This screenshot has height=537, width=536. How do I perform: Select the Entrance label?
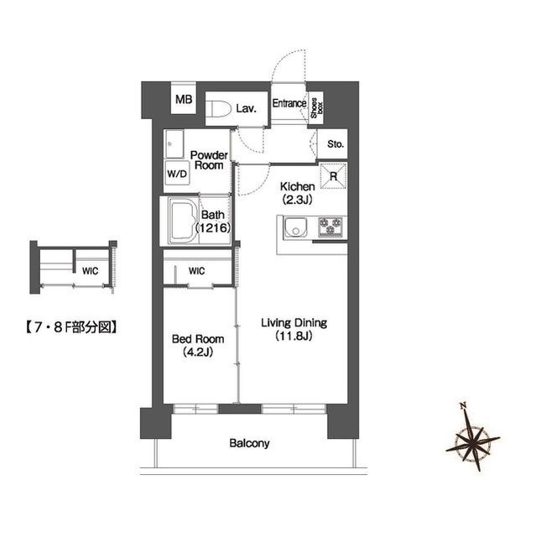(288, 105)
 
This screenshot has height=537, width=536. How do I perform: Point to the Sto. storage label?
(335, 143)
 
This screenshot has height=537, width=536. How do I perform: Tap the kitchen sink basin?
(294, 227)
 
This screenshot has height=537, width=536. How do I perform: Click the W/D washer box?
(177, 175)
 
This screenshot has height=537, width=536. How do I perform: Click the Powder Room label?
(208, 160)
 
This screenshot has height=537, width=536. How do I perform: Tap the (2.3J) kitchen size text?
(298, 200)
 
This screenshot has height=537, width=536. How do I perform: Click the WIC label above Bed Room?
(197, 271)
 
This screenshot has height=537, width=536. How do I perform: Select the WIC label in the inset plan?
(90, 271)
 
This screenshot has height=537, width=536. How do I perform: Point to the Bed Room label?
(197, 339)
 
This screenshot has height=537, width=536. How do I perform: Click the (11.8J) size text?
(293, 336)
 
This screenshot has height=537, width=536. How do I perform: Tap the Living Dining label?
(293, 323)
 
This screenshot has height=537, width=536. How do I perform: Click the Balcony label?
(249, 443)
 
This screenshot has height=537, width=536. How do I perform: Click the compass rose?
(476, 440)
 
